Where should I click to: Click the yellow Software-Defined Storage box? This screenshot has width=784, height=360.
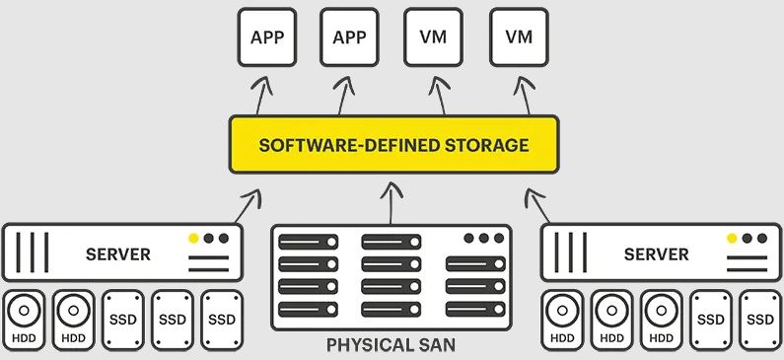click(x=393, y=146)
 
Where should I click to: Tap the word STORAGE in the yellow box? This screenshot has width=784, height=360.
click(x=487, y=146)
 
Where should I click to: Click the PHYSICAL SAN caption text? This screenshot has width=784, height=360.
click(x=391, y=346)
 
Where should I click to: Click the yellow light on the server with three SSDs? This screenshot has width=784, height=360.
click(x=193, y=239)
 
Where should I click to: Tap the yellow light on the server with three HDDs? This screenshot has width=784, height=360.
click(x=732, y=239)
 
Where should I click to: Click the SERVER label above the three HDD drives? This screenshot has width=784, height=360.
click(x=657, y=254)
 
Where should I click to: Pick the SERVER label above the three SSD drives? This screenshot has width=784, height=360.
click(x=118, y=254)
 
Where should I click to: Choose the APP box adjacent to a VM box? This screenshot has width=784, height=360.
click(x=349, y=37)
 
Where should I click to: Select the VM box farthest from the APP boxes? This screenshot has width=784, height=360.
click(x=520, y=37)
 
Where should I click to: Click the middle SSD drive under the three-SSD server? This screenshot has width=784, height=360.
click(x=173, y=321)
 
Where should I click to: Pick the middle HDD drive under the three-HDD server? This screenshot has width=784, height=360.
click(x=611, y=321)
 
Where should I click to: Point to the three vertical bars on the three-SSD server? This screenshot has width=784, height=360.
click(x=33, y=252)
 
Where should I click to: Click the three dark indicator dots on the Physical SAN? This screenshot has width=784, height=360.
click(x=482, y=239)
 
